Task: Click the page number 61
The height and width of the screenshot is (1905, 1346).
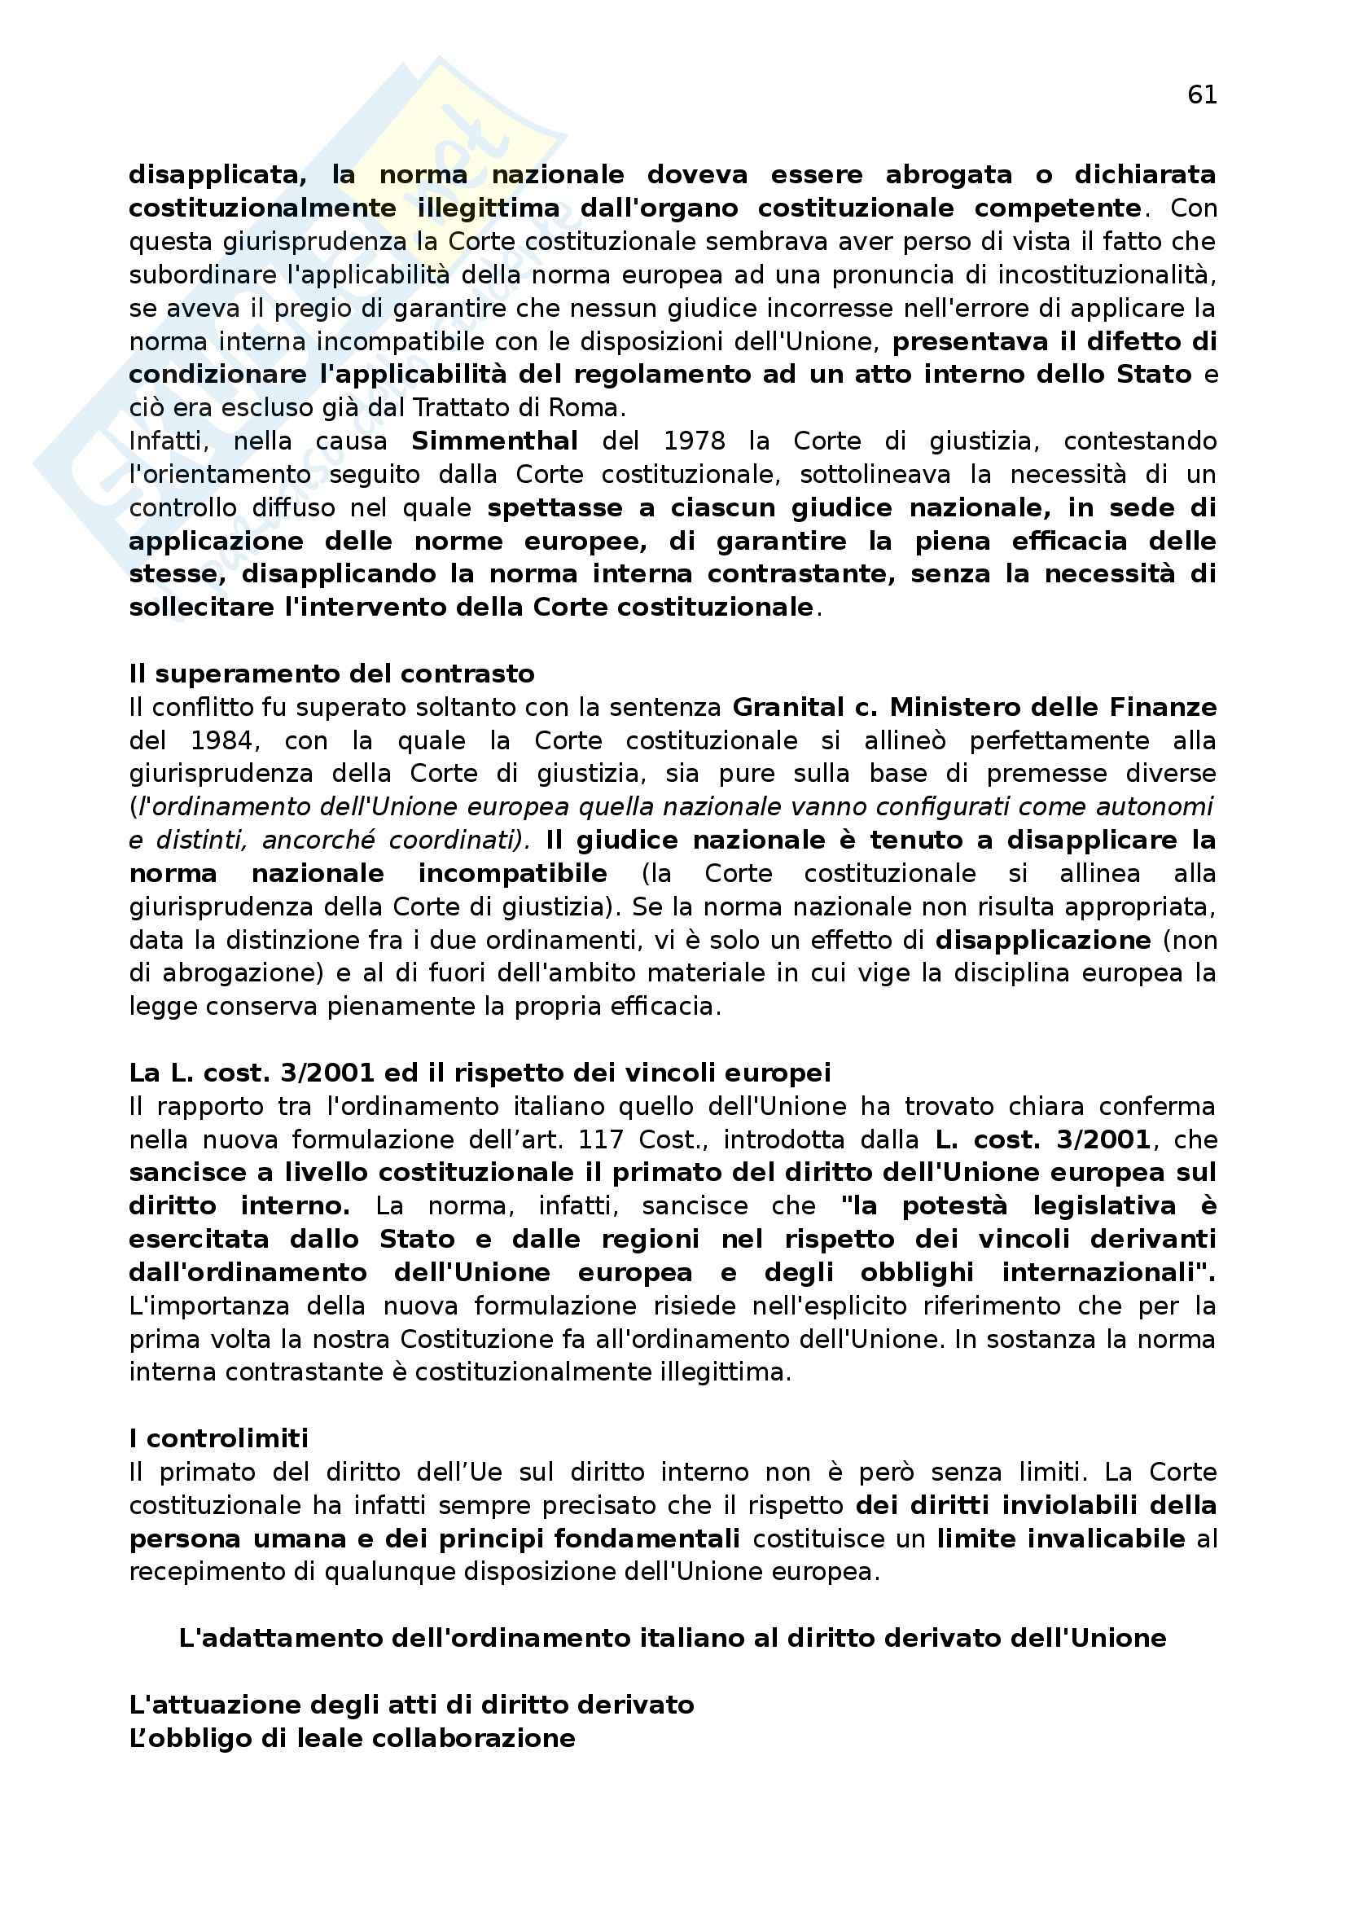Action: (1202, 95)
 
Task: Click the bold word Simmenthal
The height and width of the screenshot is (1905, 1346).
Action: (494, 441)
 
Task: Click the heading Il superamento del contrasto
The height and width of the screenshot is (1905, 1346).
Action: (331, 674)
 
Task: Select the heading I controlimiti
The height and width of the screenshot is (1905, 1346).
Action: (219, 1438)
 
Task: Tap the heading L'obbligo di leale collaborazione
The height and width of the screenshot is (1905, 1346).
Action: (353, 1738)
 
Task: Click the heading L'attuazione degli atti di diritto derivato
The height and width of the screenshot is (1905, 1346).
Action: (411, 1705)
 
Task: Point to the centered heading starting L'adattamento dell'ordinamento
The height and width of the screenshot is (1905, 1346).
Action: (673, 1639)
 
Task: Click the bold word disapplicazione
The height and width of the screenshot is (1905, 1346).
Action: (1043, 941)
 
